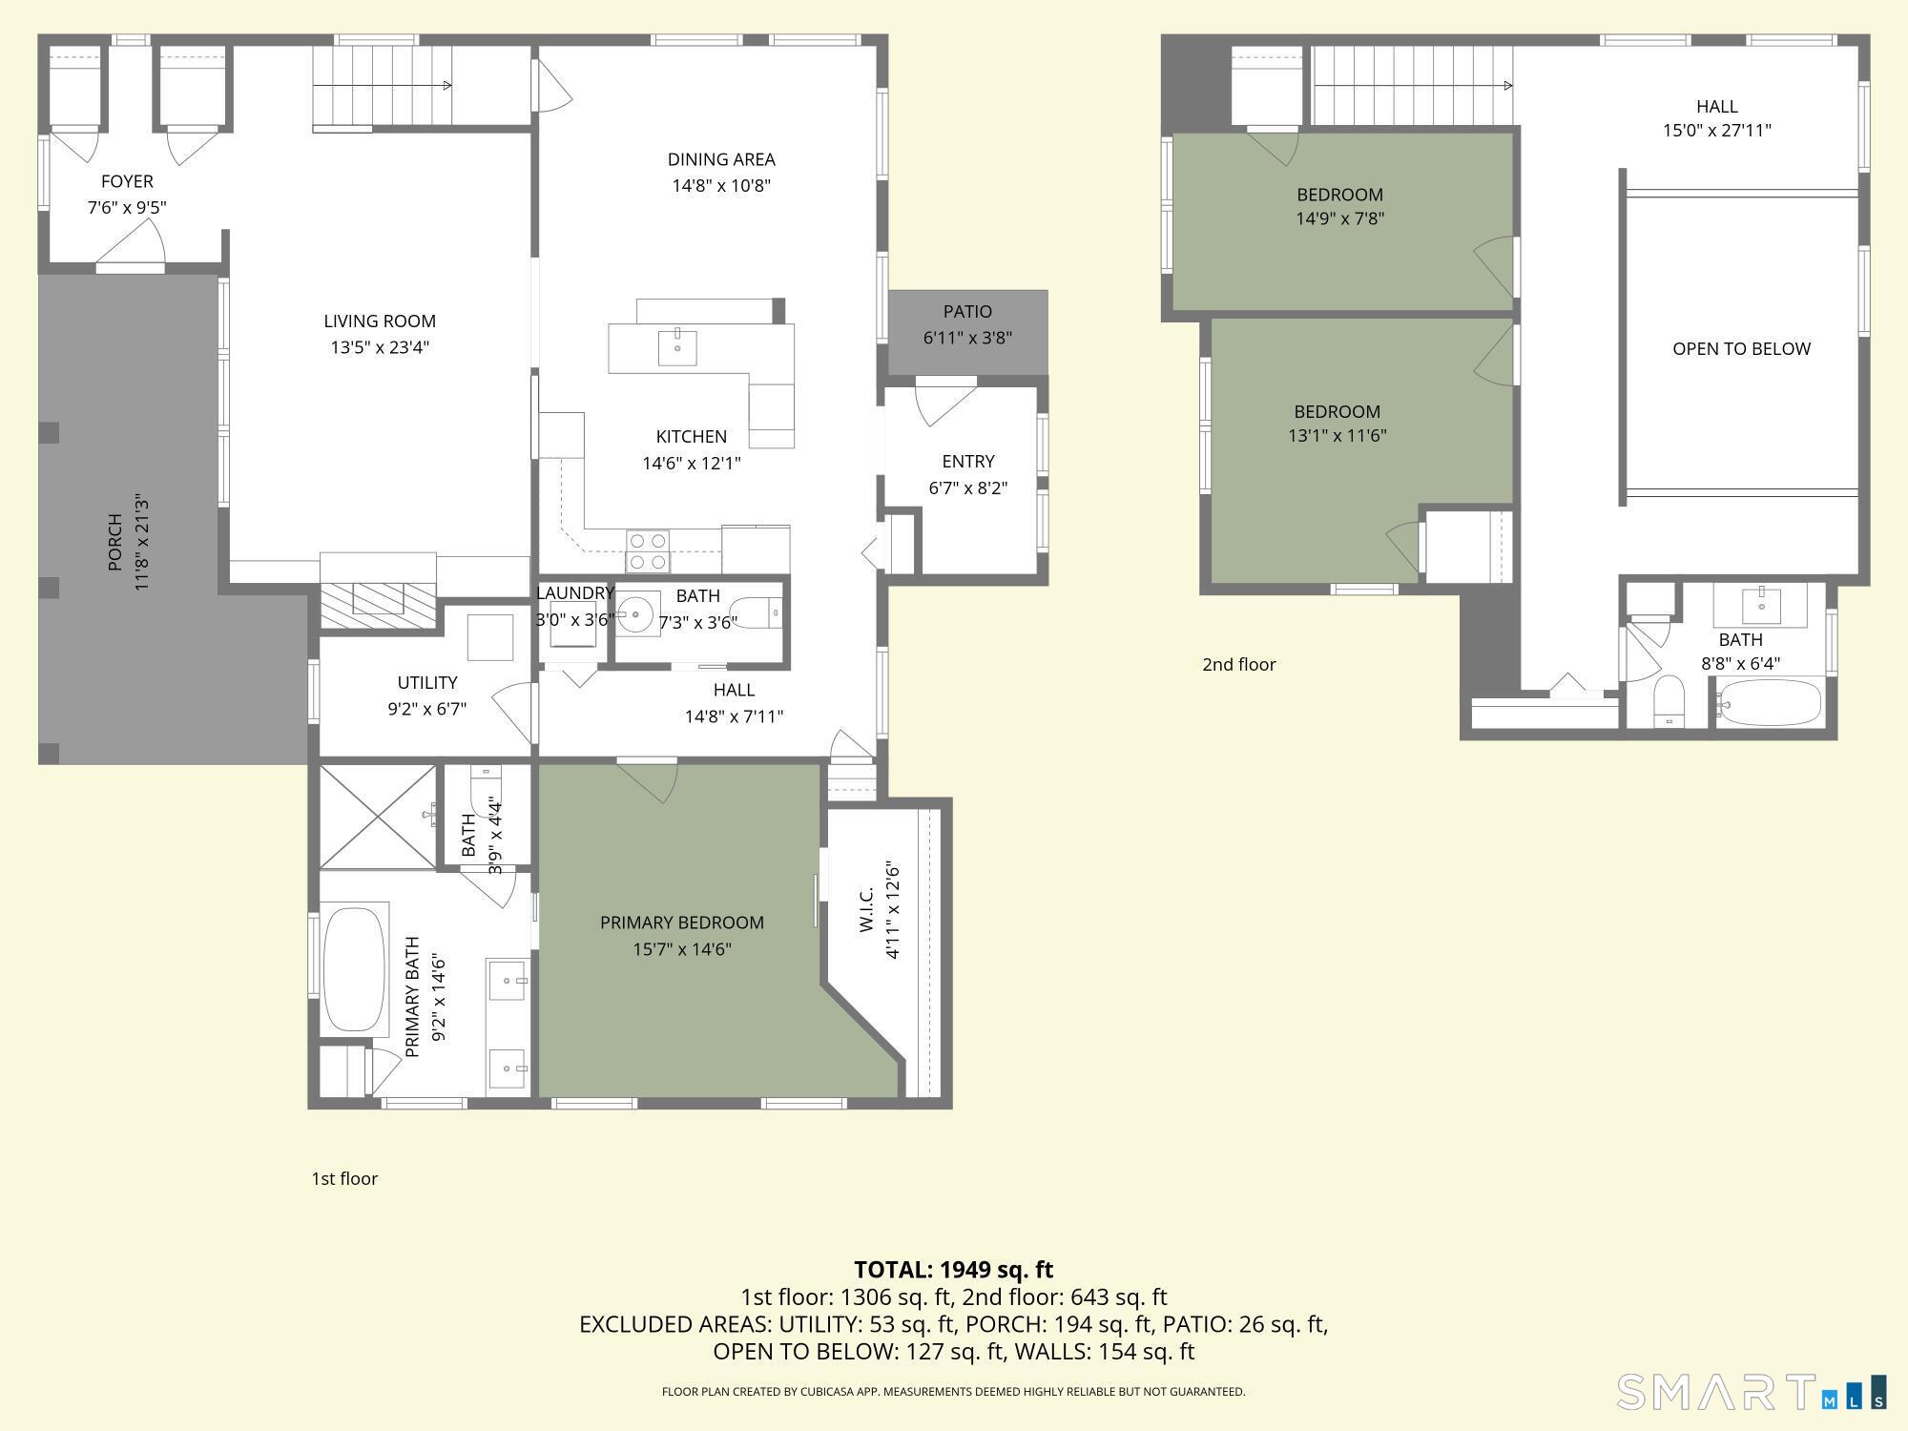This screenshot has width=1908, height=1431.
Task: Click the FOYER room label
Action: (x=127, y=181)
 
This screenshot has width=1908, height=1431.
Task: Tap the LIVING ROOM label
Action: (x=380, y=321)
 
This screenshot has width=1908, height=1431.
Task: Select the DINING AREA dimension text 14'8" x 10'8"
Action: (x=721, y=185)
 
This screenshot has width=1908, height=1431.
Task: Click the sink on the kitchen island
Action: (x=677, y=348)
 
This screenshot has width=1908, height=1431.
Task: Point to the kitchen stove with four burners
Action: (x=648, y=551)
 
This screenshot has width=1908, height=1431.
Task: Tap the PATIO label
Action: (x=967, y=312)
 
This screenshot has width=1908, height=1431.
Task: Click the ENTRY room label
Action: (x=968, y=462)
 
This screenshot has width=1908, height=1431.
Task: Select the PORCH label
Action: (x=115, y=542)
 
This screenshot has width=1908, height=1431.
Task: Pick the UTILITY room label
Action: (x=427, y=682)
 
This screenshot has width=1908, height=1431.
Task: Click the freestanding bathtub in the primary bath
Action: (x=355, y=969)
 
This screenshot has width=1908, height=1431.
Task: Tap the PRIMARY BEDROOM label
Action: (x=682, y=923)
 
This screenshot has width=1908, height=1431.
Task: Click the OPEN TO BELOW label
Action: (x=1741, y=348)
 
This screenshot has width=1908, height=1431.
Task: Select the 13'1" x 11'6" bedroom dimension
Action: (x=1337, y=436)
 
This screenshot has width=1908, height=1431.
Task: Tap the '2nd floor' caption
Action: (x=1238, y=664)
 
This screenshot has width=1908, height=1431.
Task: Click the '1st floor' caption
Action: (x=344, y=1178)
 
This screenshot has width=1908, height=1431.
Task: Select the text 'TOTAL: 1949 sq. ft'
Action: (x=953, y=1270)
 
